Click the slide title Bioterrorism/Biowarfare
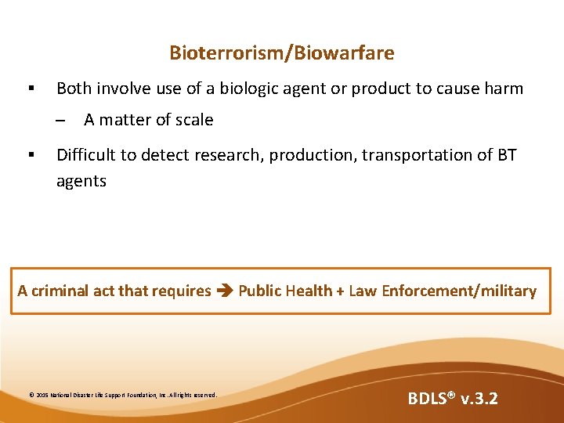click(282, 53)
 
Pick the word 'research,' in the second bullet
click(231, 155)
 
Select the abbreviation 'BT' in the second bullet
click(507, 155)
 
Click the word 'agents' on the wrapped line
click(81, 181)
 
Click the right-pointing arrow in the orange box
click(224, 291)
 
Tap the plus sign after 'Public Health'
click(339, 291)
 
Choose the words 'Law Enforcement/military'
click(442, 291)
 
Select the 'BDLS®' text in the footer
click(431, 399)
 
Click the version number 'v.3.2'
click(479, 399)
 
